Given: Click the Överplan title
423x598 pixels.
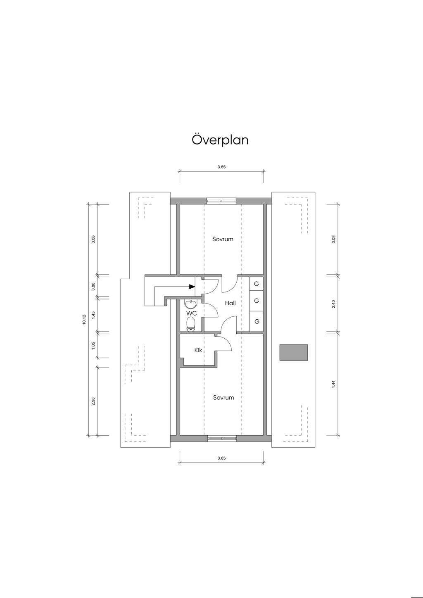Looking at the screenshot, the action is point(220,140).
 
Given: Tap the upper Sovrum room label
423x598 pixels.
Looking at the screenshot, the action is point(223,239).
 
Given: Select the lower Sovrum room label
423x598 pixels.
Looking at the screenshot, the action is point(223,398).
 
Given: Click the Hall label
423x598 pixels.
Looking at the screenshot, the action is point(230,303).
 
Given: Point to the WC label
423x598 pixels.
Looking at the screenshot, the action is point(192,313).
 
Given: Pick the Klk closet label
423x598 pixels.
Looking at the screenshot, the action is point(198,350).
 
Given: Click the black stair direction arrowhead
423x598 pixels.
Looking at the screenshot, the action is point(192,287).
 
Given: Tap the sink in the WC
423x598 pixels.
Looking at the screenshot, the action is point(191,304).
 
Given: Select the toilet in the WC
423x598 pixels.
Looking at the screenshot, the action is point(191,324).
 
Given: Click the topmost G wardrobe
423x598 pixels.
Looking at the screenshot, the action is point(257,284).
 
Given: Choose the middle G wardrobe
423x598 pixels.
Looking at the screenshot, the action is point(257,301).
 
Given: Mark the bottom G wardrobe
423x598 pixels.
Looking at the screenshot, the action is point(257,321).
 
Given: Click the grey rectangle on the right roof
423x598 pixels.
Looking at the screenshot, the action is point(293,352).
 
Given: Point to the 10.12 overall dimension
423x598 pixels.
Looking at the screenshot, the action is point(84,319).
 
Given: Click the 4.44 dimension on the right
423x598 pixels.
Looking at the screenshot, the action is point(333,384).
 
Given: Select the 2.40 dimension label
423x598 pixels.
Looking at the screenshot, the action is point(333,304).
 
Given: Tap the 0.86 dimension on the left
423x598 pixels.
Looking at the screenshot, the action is point(93,287).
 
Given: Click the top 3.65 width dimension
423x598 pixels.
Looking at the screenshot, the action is point(221,167).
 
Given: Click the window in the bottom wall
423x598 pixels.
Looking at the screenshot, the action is point(222,438).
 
